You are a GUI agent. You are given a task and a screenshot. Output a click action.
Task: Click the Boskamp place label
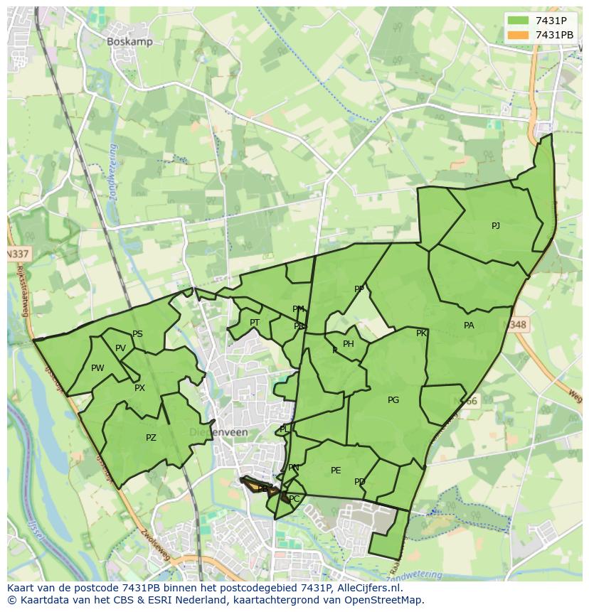129,42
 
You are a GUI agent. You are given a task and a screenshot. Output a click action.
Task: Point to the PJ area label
496,226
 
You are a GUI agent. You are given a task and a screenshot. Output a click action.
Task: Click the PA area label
469,326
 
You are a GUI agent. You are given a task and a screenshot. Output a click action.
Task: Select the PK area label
421,333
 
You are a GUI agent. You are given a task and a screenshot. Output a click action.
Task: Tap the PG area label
393,400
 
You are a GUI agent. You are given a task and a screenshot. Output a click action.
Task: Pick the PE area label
336,471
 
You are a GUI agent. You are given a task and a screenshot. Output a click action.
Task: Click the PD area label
360,482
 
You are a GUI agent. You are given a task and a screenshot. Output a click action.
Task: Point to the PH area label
349,344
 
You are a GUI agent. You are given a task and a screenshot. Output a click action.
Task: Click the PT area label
255,323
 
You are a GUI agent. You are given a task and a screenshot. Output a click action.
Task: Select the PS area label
137,334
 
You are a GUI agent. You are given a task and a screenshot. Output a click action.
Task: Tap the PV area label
120,348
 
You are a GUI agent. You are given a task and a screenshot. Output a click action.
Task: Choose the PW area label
97,368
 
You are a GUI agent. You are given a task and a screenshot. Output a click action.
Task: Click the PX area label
139,388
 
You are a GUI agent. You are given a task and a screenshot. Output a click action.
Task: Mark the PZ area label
151,438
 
